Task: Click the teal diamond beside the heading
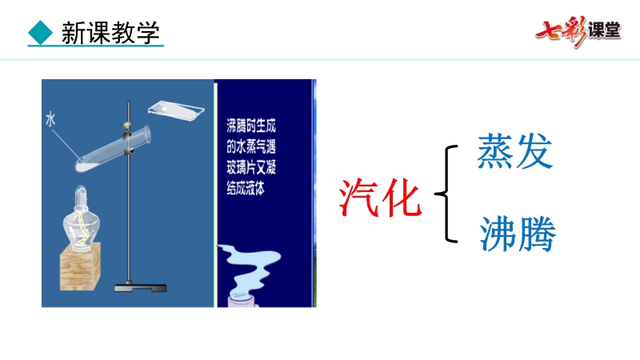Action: click(41, 32)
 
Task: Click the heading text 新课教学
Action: click(110, 33)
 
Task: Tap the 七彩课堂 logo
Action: click(578, 31)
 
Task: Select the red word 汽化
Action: click(380, 198)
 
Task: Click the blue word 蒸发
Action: click(514, 151)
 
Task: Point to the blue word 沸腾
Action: click(517, 234)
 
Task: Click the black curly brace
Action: click(446, 194)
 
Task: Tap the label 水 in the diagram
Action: click(50, 119)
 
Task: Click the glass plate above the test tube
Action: click(176, 110)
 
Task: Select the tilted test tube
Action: click(113, 149)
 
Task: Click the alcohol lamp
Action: click(82, 219)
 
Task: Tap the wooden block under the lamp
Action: click(81, 266)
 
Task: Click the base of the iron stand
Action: click(140, 288)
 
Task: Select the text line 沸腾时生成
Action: click(251, 126)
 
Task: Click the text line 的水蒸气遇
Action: click(251, 146)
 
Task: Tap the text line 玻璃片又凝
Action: click(251, 167)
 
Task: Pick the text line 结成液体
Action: click(246, 188)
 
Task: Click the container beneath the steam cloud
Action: click(243, 300)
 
